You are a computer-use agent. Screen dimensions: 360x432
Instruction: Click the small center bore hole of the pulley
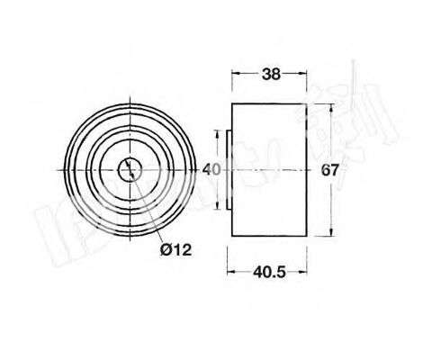point(132,168)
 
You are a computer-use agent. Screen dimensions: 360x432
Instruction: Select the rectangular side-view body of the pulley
point(269,168)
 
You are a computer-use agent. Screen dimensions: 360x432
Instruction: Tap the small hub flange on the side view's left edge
point(228,168)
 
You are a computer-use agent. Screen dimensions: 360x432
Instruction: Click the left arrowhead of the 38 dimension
point(236,76)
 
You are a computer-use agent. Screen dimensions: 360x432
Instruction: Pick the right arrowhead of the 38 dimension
point(303,76)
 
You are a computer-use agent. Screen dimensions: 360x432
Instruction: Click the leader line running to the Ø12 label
point(148,206)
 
